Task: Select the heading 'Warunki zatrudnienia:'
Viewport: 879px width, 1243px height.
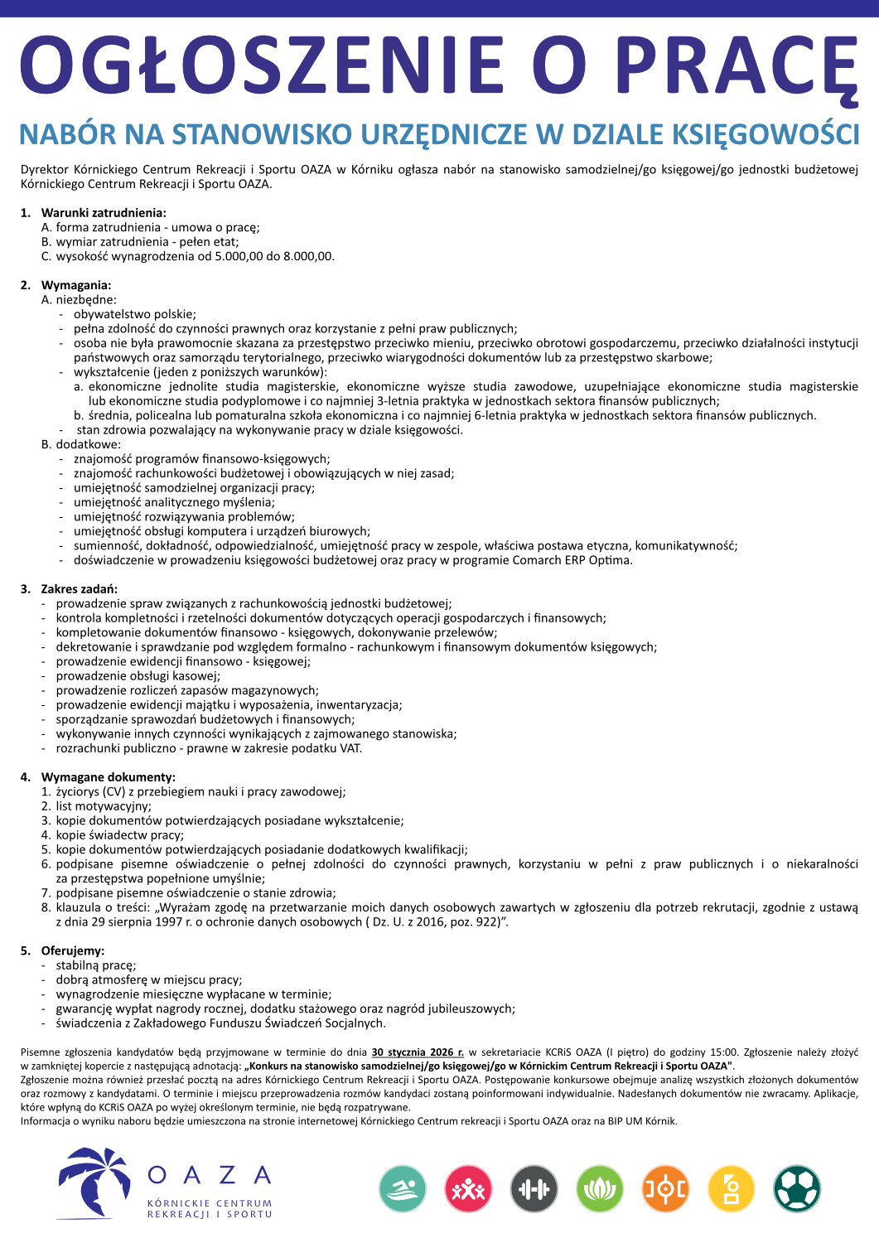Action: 104,213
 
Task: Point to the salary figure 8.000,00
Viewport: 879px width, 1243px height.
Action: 307,256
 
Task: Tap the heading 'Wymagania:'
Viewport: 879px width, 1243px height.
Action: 76,285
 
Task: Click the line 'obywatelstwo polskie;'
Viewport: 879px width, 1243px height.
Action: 135,314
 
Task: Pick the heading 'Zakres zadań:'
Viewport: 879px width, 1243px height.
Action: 80,589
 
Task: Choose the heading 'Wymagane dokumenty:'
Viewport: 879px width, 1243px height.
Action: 109,777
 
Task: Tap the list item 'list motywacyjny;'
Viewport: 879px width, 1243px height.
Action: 104,806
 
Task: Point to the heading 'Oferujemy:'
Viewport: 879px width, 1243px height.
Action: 73,950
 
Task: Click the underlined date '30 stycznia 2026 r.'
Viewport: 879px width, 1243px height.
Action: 418,1052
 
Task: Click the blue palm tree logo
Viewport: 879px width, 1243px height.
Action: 93,1183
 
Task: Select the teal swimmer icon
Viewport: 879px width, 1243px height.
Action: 403,1189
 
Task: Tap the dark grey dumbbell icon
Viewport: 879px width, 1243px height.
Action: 534,1189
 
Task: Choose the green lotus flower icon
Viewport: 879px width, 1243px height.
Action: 600,1189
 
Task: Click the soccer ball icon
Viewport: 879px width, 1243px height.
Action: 797,1189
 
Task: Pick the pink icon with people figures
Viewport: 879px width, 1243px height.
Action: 468,1189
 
